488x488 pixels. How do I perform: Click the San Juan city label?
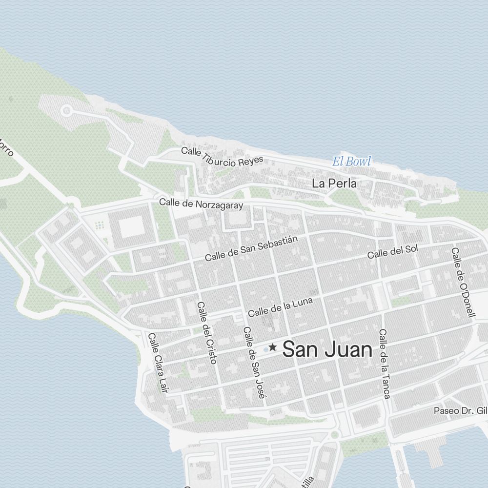pyautogui.click(x=327, y=349)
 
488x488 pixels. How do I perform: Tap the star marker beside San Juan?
pyautogui.click(x=272, y=347)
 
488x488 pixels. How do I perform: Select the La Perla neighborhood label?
pyautogui.click(x=334, y=184)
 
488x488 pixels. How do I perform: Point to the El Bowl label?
pyautogui.click(x=351, y=162)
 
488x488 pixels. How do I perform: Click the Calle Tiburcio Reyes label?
pyautogui.click(x=222, y=156)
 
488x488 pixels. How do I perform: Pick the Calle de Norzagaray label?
pyautogui.click(x=201, y=204)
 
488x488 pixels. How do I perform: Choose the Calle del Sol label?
pyautogui.click(x=392, y=251)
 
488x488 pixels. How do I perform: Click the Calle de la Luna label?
pyautogui.click(x=280, y=306)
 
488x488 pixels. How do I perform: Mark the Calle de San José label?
pyautogui.click(x=254, y=363)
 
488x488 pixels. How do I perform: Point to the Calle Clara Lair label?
pyautogui.click(x=158, y=363)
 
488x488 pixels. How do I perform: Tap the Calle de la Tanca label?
pyautogui.click(x=384, y=364)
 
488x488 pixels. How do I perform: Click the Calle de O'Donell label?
pyautogui.click(x=463, y=282)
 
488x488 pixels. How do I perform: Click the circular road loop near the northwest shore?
pyautogui.click(x=67, y=112)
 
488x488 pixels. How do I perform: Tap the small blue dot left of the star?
pyautogui.click(x=265, y=349)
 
